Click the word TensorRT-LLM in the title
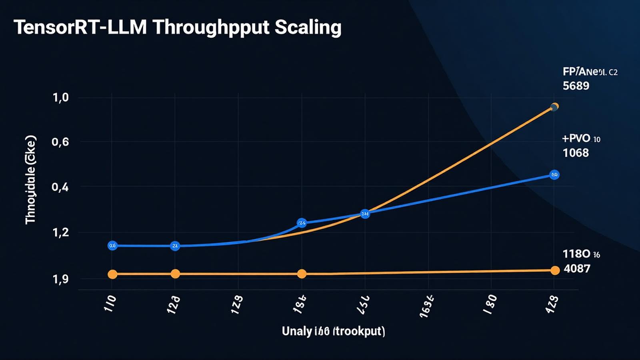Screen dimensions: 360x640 point(80,28)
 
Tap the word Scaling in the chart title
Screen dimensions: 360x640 point(308,28)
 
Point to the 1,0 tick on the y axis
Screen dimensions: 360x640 point(61,98)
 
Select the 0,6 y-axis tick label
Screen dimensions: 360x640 point(60,142)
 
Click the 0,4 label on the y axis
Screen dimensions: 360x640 point(60,187)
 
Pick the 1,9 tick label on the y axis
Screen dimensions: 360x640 point(61,279)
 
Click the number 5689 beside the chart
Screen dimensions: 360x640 point(576,86)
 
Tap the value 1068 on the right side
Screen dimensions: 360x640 point(576,153)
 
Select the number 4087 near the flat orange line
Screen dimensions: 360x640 point(577,268)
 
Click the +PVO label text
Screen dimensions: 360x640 point(576,139)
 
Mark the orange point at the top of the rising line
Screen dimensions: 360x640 point(554,107)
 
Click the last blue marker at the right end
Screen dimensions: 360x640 point(554,175)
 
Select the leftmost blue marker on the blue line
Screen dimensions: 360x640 point(112,246)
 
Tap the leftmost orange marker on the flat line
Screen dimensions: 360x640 point(112,274)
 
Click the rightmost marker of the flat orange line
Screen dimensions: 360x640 point(555,271)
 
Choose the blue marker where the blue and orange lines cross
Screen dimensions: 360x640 point(365,214)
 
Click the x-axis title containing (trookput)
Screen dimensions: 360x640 point(334,331)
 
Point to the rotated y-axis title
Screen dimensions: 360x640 point(31,180)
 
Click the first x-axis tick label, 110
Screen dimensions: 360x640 point(110,304)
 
